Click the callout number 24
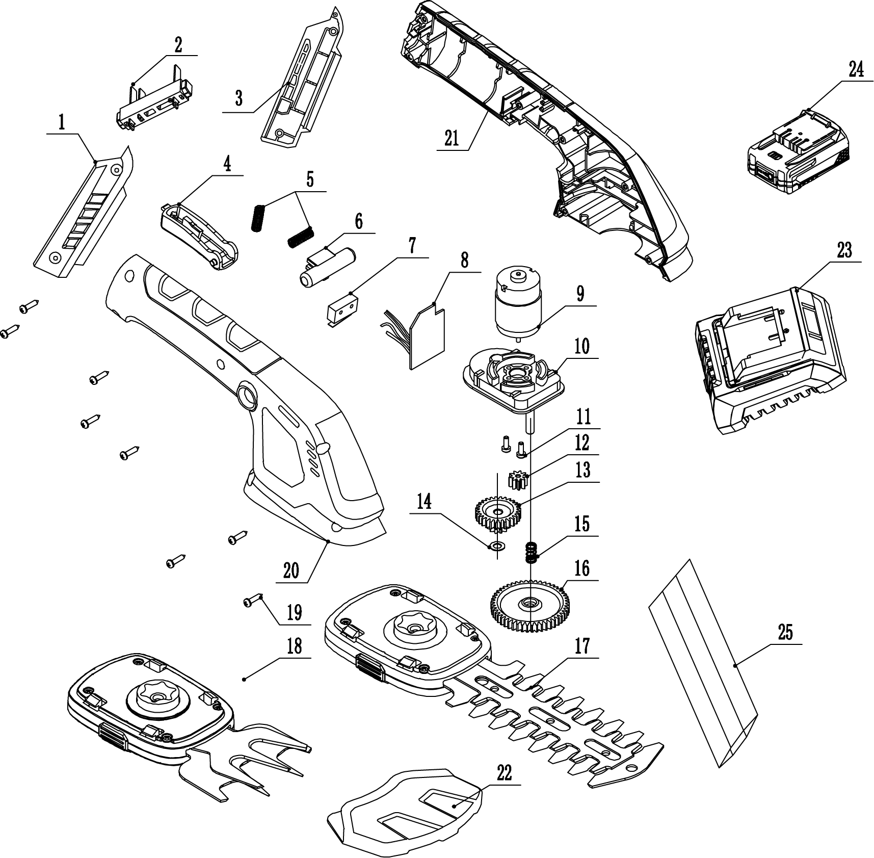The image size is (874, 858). click(x=856, y=69)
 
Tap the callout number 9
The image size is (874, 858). click(x=580, y=294)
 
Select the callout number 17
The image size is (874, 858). click(x=582, y=646)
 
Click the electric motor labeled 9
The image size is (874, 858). click(x=517, y=303)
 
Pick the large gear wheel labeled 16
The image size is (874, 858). click(x=530, y=603)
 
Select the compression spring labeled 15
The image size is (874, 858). click(x=532, y=552)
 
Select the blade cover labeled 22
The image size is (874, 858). click(x=408, y=811)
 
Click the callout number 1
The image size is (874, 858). click(x=62, y=122)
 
